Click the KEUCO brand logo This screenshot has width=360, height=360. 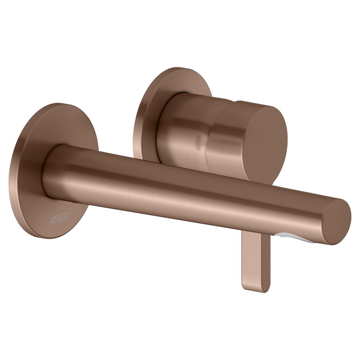click(x=59, y=219)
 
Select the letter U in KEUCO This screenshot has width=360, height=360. click(x=59, y=219)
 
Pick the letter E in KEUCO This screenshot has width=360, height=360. click(x=55, y=220)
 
